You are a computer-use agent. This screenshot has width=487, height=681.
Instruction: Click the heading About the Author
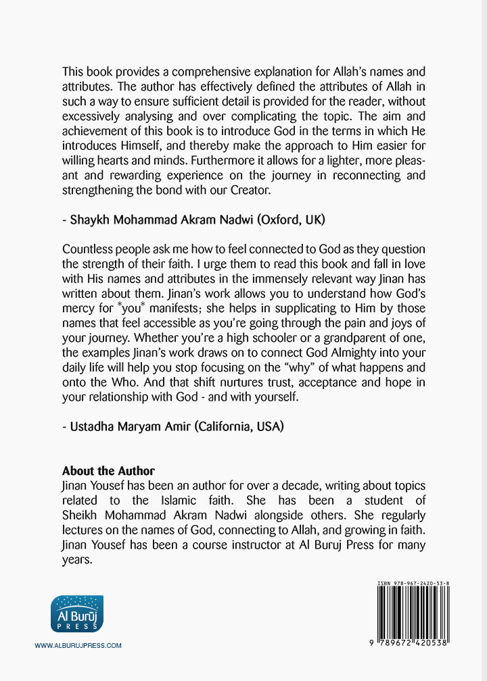[x=108, y=471]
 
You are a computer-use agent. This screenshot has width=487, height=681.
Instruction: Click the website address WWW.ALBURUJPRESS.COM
[x=78, y=646]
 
